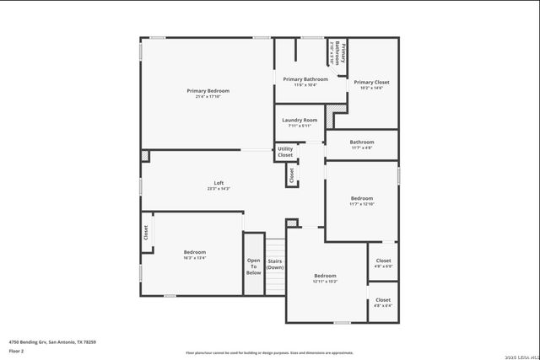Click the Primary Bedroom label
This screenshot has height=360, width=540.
[208, 90]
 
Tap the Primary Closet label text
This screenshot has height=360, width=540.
[371, 81]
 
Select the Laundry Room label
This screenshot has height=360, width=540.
[300, 121]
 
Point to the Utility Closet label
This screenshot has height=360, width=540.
[285, 152]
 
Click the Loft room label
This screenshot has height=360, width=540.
[218, 183]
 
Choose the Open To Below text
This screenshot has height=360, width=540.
[253, 266]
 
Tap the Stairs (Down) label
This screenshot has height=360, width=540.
[275, 265]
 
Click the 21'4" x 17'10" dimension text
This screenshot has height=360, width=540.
[208, 97]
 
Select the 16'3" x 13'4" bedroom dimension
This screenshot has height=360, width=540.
[194, 258]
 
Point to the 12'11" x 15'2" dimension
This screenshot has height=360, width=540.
[325, 282]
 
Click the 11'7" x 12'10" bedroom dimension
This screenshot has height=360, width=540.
[361, 204]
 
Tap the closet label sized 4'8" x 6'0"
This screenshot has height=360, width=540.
[383, 263]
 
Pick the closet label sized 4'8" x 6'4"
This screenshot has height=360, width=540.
[383, 302]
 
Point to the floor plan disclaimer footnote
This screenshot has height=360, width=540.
[269, 352]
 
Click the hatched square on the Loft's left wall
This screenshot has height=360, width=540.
[145, 156]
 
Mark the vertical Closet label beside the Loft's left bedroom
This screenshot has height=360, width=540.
[145, 232]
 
